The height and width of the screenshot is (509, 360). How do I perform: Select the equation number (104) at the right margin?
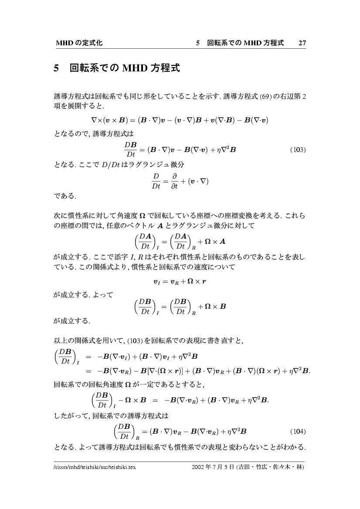[298, 432]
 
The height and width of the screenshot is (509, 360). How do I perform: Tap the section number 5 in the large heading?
[56, 68]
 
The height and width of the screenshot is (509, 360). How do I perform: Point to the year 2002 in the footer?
[199, 468]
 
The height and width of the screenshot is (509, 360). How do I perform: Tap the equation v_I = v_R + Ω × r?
[180, 281]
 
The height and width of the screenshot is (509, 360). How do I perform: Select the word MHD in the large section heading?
[134, 68]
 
